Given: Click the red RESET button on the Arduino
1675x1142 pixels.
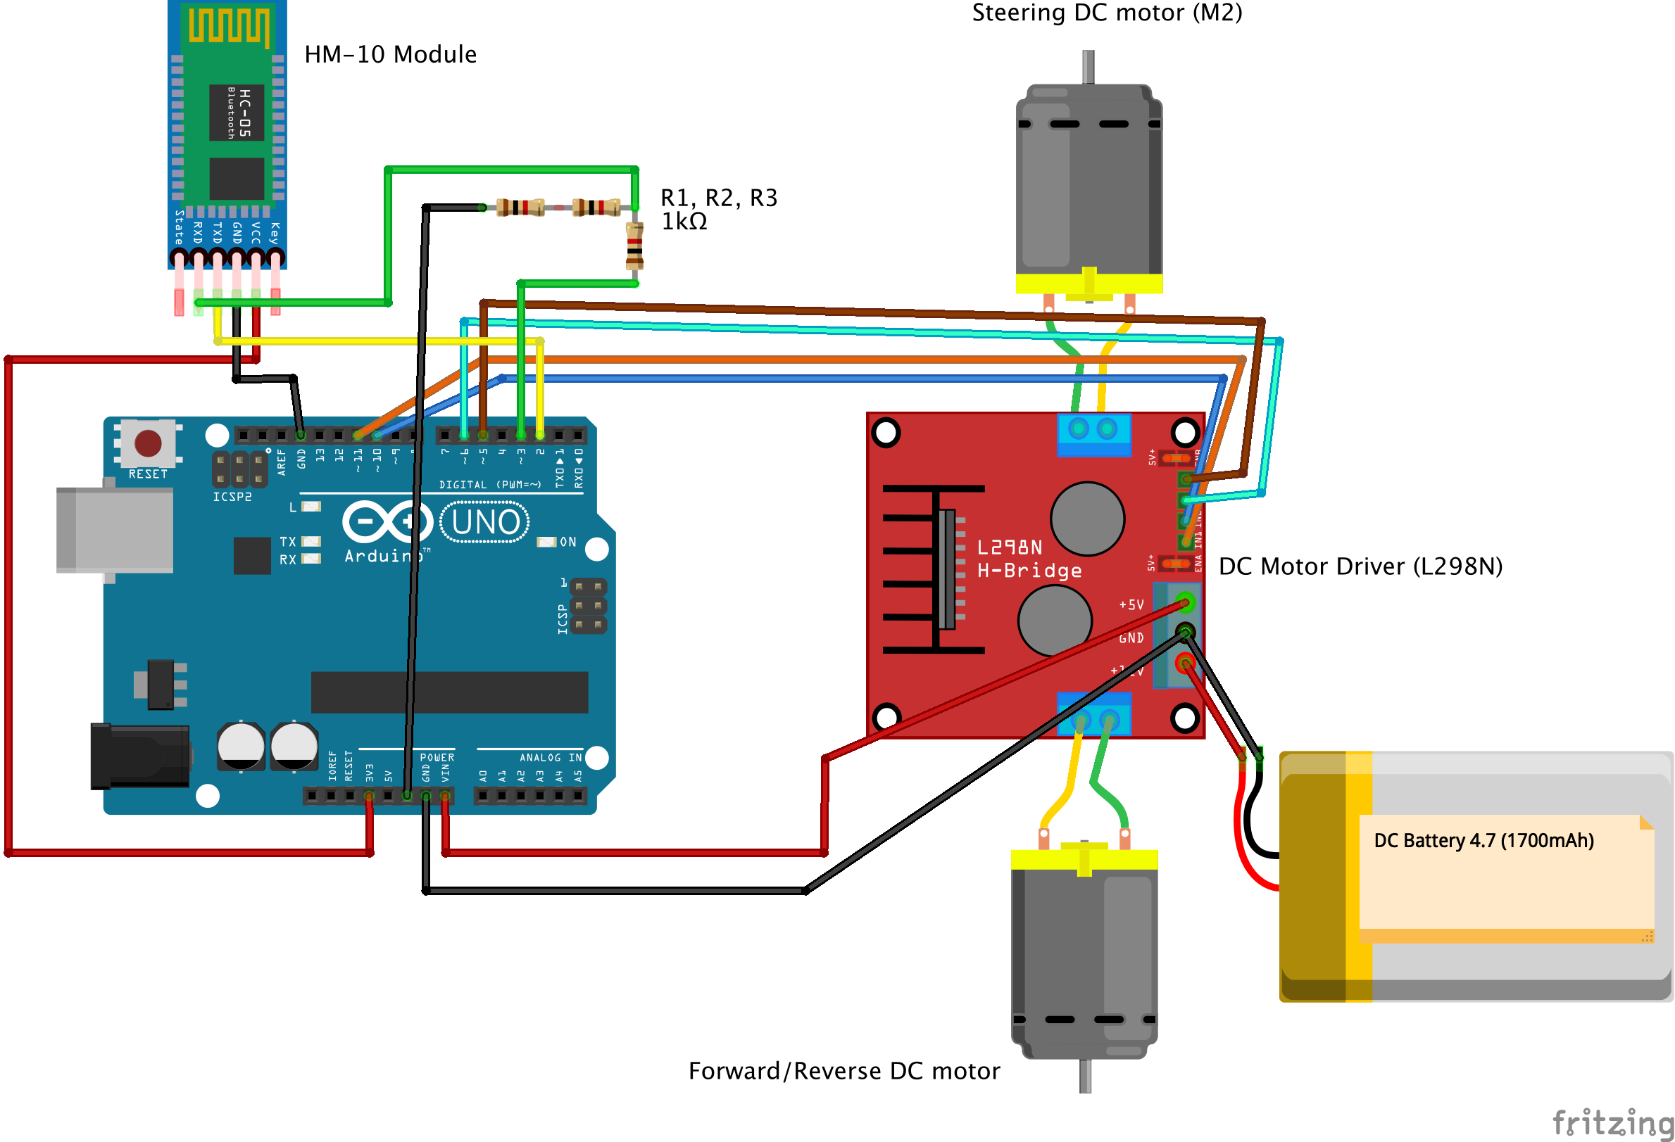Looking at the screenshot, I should (x=148, y=443).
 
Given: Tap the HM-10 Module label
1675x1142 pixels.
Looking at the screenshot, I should (x=390, y=54).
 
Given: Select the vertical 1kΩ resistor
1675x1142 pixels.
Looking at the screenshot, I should (x=634, y=246).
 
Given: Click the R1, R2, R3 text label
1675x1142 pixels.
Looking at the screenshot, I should (x=719, y=198).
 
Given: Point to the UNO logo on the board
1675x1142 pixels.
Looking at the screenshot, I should (x=485, y=521).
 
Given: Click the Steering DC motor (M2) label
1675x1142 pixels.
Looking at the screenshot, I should (x=1106, y=12).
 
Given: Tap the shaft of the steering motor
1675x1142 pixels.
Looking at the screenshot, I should (x=1089, y=66).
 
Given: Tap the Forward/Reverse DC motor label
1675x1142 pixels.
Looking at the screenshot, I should (x=843, y=1071).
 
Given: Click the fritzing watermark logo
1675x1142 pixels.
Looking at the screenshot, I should (x=1612, y=1122).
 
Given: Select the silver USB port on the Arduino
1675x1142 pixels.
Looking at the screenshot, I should (x=115, y=530).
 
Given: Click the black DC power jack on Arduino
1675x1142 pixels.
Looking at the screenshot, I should (x=141, y=756).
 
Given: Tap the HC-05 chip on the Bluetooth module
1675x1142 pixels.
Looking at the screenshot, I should (x=237, y=113).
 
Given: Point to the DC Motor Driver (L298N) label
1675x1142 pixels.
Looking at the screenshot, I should (x=1360, y=566).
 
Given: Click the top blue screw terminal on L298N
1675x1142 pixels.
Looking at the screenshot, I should (x=1093, y=433).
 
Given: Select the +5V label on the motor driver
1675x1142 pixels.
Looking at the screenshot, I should (x=1131, y=604).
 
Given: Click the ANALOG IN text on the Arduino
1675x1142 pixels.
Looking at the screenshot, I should (x=550, y=757).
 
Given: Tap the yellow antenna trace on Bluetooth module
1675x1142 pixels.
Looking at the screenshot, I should (x=229, y=25).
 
